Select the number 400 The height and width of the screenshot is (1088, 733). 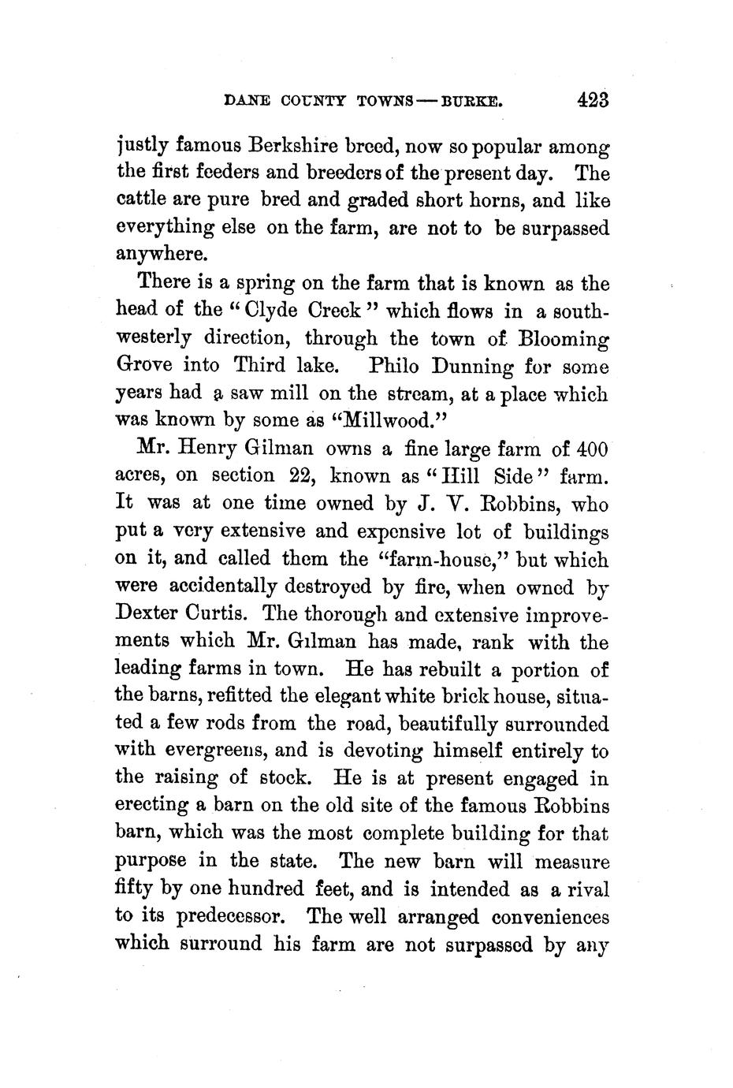[x=592, y=450]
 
